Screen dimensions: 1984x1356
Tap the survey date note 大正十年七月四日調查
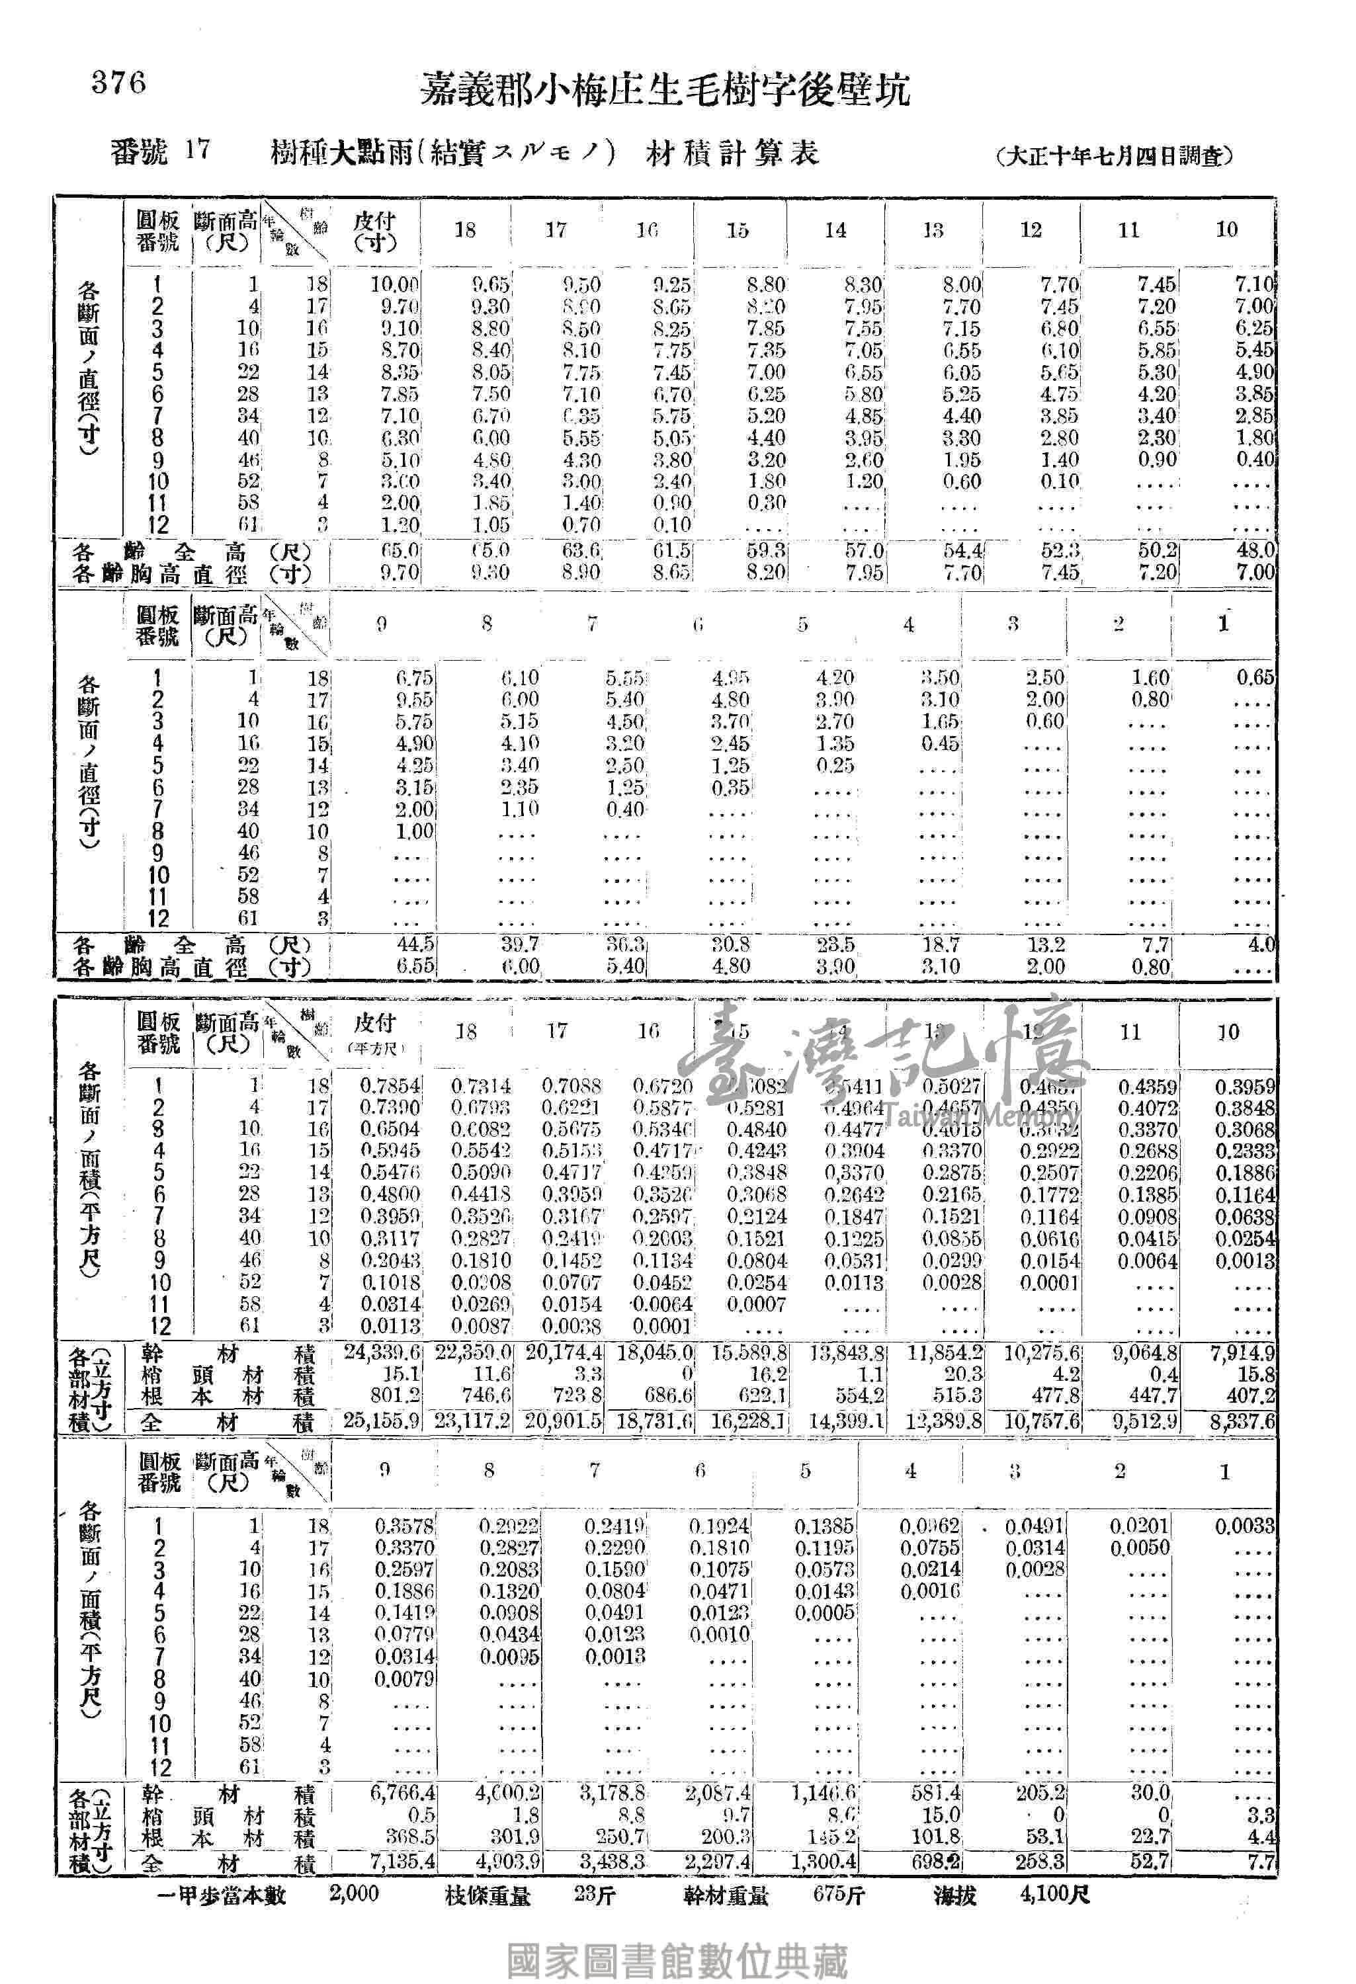pos(1115,155)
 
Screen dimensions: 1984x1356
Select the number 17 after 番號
pos(196,151)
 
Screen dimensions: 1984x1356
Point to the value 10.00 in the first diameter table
pos(394,284)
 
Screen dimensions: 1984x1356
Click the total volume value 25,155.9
pos(382,1423)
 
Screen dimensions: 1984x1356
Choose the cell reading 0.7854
pos(390,1086)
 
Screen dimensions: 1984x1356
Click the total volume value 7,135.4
pos(403,1861)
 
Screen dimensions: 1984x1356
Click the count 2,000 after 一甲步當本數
pos(353,1893)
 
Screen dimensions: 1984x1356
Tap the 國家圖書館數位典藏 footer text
pos(677,1940)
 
